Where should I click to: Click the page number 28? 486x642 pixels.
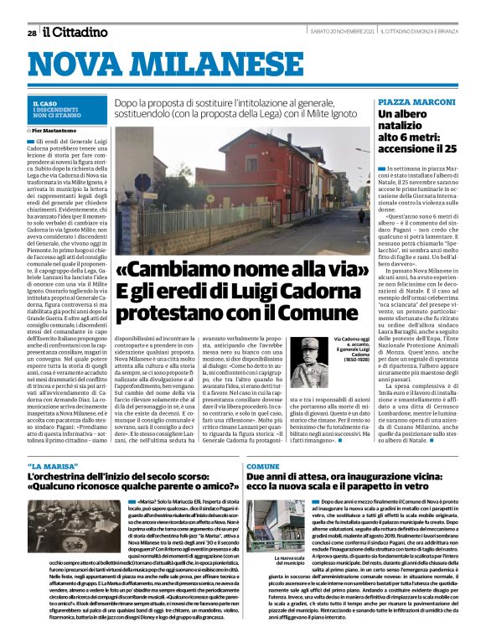31,34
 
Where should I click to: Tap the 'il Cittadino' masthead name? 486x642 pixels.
76,33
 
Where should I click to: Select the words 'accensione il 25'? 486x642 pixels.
417,148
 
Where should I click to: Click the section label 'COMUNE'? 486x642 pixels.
262,465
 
